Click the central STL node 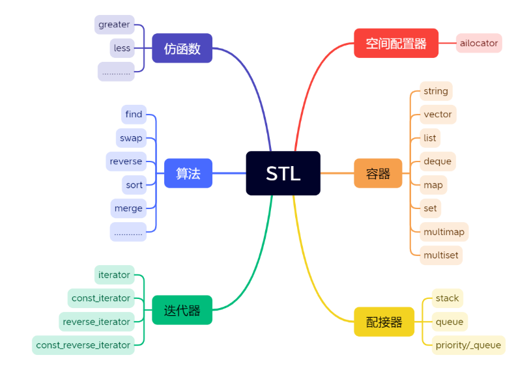pyautogui.click(x=283, y=173)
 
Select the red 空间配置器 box pyautogui.click(x=395, y=43)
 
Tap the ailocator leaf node pyautogui.click(x=479, y=43)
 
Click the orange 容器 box pyautogui.click(x=378, y=173)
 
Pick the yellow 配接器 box pyautogui.click(x=384, y=322)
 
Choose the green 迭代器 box pyautogui.click(x=182, y=310)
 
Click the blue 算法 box pyautogui.click(x=188, y=173)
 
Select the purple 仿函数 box pyautogui.click(x=182, y=48)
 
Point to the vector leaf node pyautogui.click(x=437, y=115)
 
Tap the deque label pyautogui.click(x=437, y=162)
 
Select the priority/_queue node pyautogui.click(x=468, y=345)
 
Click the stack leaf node pyautogui.click(x=448, y=298)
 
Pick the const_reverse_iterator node pyautogui.click(x=83, y=345)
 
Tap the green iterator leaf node pyautogui.click(x=114, y=275)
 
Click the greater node pyautogui.click(x=114, y=25)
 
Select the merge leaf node pyautogui.click(x=128, y=208)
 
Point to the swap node pyautogui.click(x=131, y=138)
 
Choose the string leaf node pyautogui.click(x=436, y=91)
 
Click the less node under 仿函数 pyautogui.click(x=122, y=48)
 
